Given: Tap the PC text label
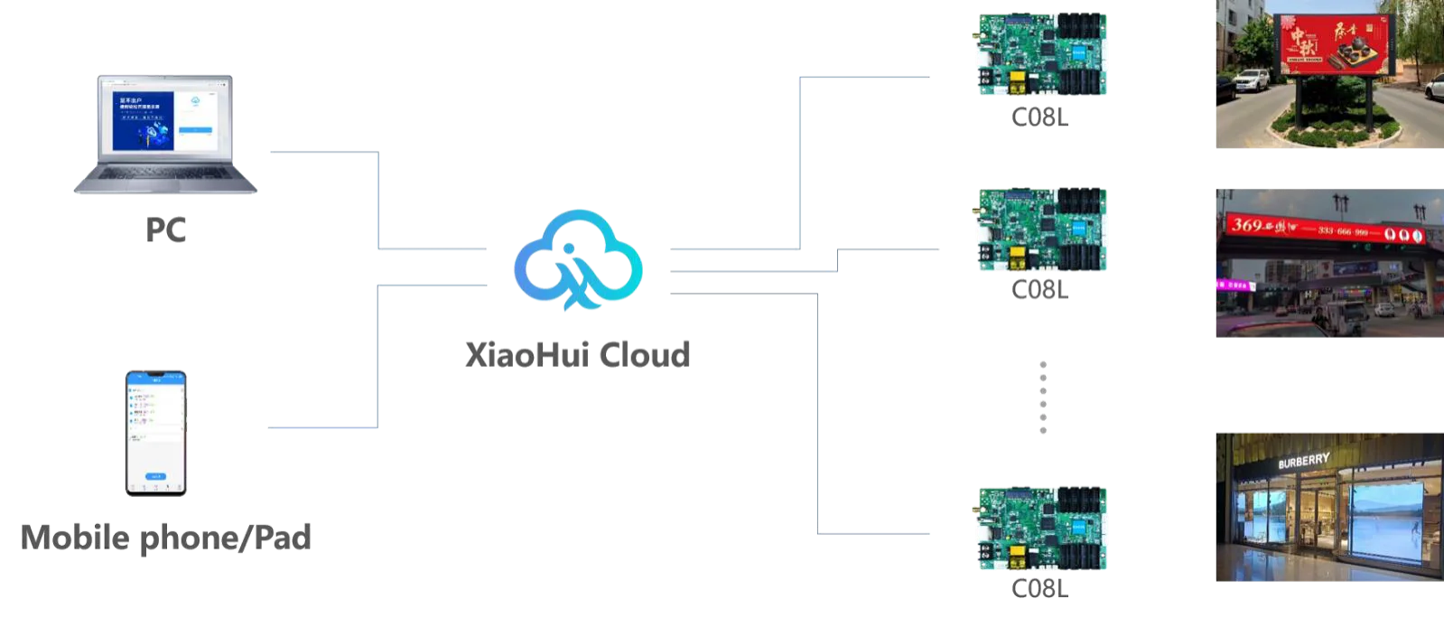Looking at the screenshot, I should tap(166, 231).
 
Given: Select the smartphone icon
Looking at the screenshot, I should tap(155, 432).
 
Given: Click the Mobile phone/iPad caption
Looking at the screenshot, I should tap(166, 537).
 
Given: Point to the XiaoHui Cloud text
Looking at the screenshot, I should tap(578, 354).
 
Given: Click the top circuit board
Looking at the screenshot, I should tap(1042, 54).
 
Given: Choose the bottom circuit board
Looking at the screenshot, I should tap(1042, 528).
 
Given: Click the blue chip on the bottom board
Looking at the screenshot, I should tap(1080, 526).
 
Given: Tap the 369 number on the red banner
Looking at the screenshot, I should tap(1247, 224).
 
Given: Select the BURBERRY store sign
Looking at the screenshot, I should tap(1303, 461).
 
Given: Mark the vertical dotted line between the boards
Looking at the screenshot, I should tap(1042, 398).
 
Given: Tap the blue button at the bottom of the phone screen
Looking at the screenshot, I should tap(156, 476).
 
